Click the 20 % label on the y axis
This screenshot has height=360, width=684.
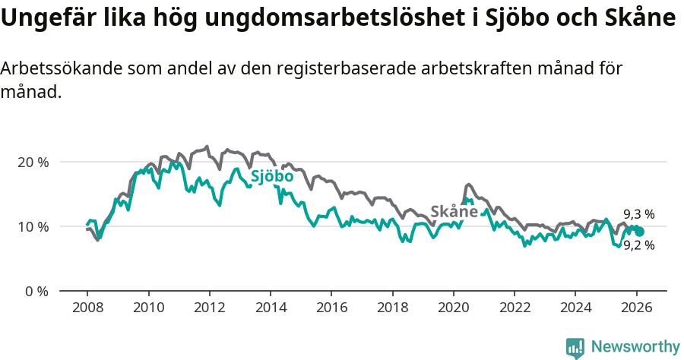pos(33,162)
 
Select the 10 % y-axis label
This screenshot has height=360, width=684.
pos(33,226)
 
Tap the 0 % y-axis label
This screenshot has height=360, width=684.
pos(36,291)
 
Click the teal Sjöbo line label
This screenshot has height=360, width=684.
pos(272,177)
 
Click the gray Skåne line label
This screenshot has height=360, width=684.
pos(454,212)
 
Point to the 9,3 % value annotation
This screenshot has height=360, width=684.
pos(638,214)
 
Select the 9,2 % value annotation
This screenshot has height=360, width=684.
pos(638,245)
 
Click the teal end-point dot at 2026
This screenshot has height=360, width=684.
pos(639,232)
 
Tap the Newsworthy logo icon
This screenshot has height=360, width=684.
pos(575,347)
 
